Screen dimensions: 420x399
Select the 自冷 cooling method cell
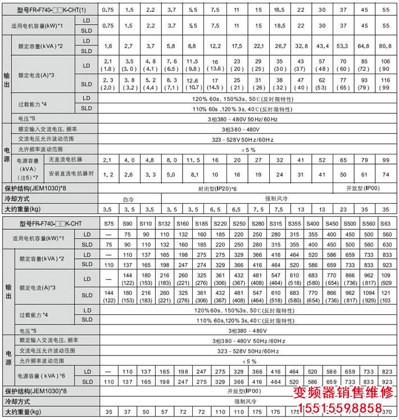129,199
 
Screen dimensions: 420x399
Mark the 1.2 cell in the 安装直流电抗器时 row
108,174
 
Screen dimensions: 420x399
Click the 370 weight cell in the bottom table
387,412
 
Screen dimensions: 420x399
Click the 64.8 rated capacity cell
363,46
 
